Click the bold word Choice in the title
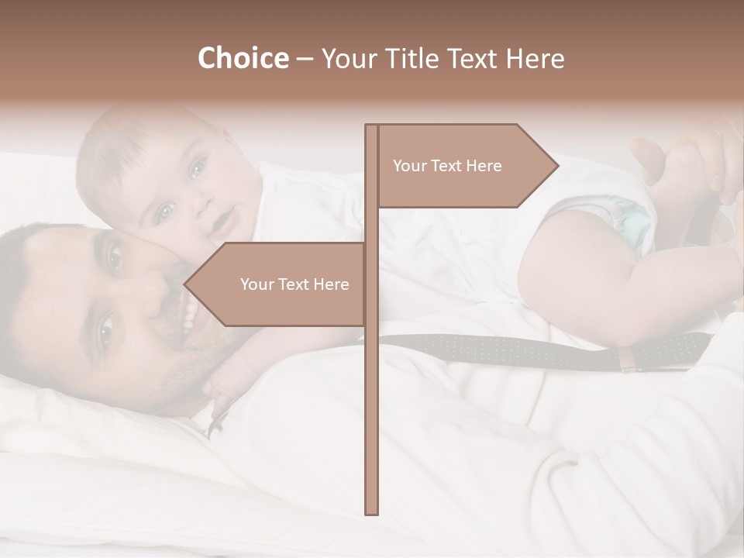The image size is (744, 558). [243, 58]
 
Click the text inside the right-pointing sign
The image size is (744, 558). [447, 166]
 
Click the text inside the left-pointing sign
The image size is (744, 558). [294, 284]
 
